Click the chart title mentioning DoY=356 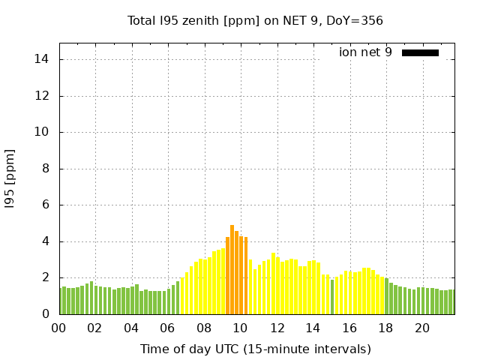(x=255, y=20)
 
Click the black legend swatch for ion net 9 (x=420, y=52)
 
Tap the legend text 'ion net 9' (x=365, y=52)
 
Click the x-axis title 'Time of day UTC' (x=255, y=349)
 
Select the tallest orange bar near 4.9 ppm (x=232, y=270)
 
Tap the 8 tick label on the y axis (x=46, y=169)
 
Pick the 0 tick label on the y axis (x=46, y=314)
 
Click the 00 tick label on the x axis (x=58, y=328)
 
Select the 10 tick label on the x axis (x=240, y=328)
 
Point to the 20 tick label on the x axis (x=422, y=328)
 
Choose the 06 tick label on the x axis (x=167, y=328)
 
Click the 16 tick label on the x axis (x=349, y=328)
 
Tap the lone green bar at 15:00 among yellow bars (x=332, y=297)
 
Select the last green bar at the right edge (x=451, y=302)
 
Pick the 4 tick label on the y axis (x=46, y=241)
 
